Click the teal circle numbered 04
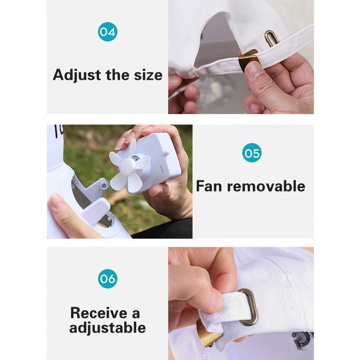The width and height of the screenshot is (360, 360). pyautogui.click(x=108, y=32)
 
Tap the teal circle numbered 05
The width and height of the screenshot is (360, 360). pyautogui.click(x=252, y=153)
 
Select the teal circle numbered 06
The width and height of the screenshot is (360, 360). pyautogui.click(x=108, y=279)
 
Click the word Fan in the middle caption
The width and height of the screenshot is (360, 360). pyautogui.click(x=209, y=186)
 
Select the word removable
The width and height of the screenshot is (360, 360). pyautogui.click(x=266, y=186)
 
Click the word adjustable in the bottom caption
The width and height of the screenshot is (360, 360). pyautogui.click(x=108, y=328)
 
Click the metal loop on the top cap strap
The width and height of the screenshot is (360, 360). pyautogui.click(x=272, y=38)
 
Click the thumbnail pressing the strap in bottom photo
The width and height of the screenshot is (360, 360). pyautogui.click(x=216, y=298)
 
